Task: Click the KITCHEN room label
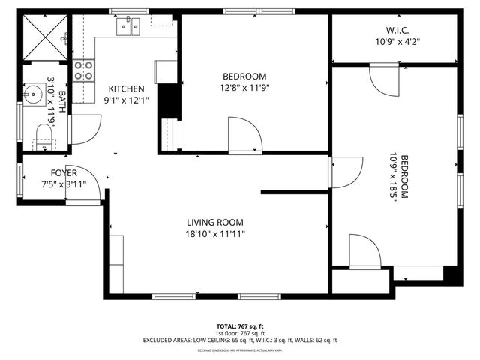(126, 88)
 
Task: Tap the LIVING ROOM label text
(214, 223)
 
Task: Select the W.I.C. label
(397, 31)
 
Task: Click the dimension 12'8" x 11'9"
(244, 87)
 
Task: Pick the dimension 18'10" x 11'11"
(215, 234)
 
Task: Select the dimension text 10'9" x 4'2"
(397, 42)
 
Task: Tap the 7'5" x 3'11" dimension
(64, 184)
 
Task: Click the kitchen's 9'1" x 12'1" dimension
(126, 99)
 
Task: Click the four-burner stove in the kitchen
(84, 70)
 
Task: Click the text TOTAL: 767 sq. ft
(239, 326)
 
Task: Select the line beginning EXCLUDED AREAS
(240, 340)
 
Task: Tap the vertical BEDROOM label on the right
(403, 177)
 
